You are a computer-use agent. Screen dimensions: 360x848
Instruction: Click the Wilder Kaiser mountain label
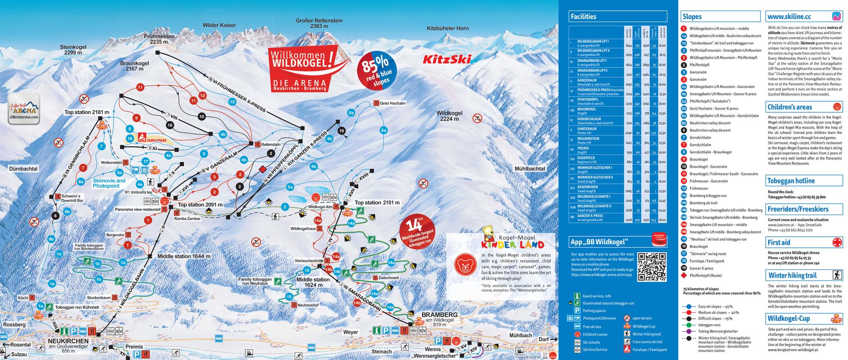tap(219, 25)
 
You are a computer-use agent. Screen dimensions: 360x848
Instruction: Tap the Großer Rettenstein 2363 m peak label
tap(318, 23)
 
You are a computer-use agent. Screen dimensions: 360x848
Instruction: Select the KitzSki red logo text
tap(447, 59)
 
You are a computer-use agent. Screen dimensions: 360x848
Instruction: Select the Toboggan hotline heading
tap(791, 181)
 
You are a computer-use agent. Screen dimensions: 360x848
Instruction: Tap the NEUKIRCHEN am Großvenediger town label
tap(68, 344)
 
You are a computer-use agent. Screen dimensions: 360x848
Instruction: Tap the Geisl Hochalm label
tap(392, 103)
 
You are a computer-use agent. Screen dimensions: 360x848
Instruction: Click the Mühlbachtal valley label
tap(530, 169)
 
